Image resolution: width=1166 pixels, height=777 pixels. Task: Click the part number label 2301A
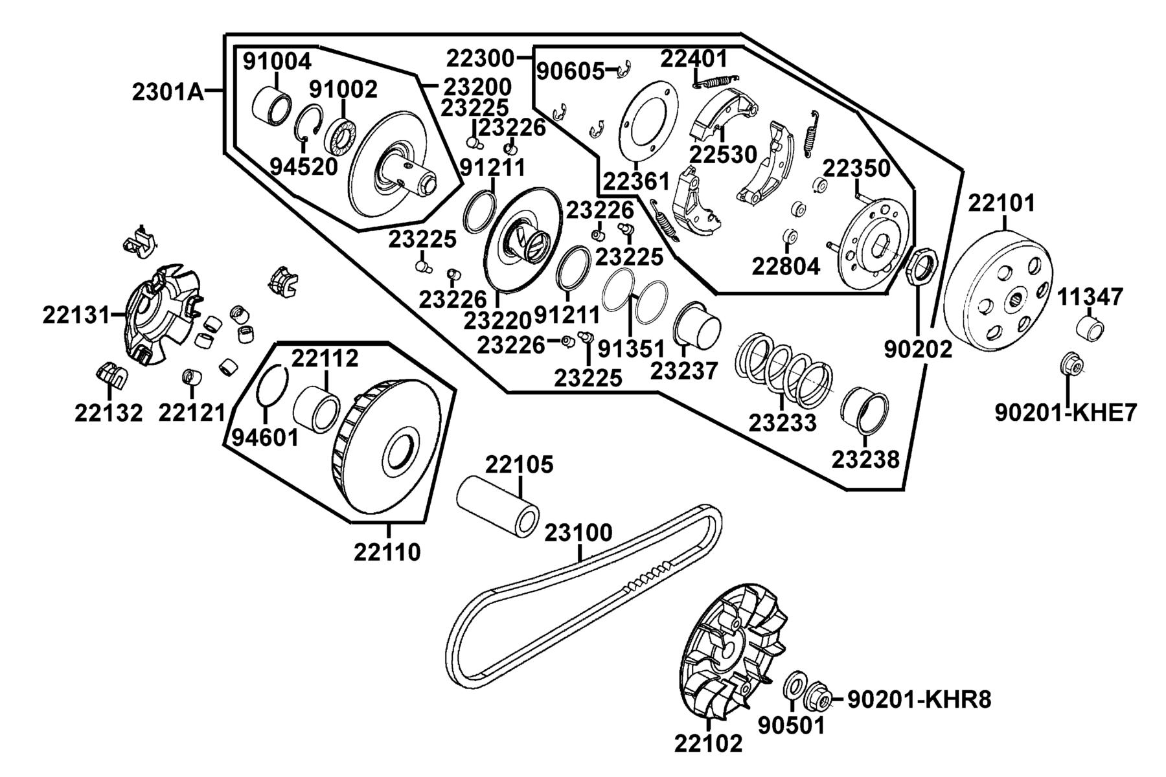tap(167, 93)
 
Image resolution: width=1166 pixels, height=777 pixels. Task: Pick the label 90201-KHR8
tap(919, 699)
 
